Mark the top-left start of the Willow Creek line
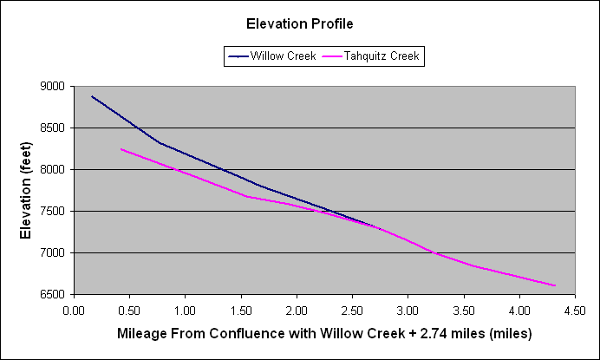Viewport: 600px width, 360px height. (92, 96)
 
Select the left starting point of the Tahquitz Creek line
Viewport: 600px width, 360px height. (121, 149)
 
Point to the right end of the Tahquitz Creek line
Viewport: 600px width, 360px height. (554, 285)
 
